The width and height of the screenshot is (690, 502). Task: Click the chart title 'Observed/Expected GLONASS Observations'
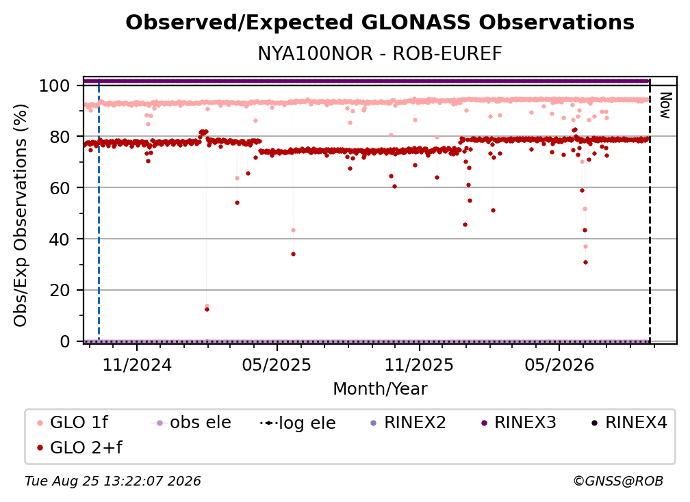[380, 23]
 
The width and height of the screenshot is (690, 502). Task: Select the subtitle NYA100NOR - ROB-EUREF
[380, 53]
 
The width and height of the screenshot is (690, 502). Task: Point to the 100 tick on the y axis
[55, 85]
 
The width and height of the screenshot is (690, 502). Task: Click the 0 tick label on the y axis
[65, 341]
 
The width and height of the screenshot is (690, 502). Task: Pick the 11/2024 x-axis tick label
[137, 365]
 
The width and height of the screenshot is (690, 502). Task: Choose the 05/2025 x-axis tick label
[277, 365]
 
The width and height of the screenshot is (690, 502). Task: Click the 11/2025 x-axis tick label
[419, 365]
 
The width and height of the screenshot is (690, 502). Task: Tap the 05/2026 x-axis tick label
[559, 365]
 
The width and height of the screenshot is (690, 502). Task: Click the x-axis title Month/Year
[380, 388]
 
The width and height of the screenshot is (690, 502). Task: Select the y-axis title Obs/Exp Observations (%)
[21, 215]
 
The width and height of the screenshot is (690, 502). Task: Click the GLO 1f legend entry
[73, 423]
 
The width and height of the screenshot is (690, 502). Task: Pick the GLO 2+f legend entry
[79, 447]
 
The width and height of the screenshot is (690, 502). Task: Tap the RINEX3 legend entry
[518, 423]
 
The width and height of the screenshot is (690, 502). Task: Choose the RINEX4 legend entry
[629, 423]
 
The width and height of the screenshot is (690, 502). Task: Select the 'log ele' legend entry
[298, 423]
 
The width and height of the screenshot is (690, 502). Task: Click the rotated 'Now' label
[665, 105]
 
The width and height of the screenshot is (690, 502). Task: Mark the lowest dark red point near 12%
[207, 309]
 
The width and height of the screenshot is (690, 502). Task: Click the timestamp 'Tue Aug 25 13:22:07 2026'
[113, 481]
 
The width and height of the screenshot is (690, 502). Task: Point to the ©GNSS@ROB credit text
[618, 481]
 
